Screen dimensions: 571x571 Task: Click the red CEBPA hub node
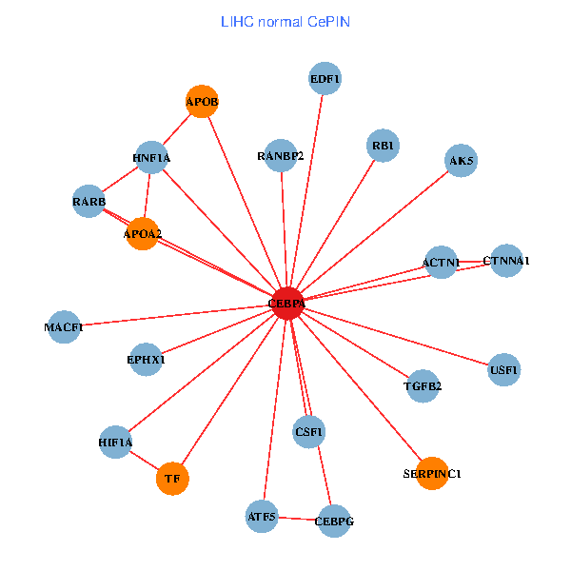pos(287,304)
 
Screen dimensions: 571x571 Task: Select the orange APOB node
pos(202,101)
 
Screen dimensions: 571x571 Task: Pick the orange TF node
pos(172,479)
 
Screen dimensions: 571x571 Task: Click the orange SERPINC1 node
pos(432,473)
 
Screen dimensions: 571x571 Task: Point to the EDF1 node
pos(325,78)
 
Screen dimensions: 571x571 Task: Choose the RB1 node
pos(383,146)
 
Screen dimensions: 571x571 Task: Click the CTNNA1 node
pos(506,261)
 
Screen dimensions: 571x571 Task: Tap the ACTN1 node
pos(441,262)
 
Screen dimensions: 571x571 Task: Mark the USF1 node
pos(504,369)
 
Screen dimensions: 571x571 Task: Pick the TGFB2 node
pos(423,386)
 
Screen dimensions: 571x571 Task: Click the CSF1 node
pos(309,432)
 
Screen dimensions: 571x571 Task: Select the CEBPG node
pos(333,521)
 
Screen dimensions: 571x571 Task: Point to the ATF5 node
pos(261,517)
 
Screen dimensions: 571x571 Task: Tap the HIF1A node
pos(115,443)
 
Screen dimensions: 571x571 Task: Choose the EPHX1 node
pos(146,360)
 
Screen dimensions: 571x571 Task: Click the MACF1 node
pos(64,326)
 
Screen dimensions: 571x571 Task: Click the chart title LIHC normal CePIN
pos(285,21)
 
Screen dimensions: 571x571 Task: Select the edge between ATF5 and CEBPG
pos(297,519)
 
